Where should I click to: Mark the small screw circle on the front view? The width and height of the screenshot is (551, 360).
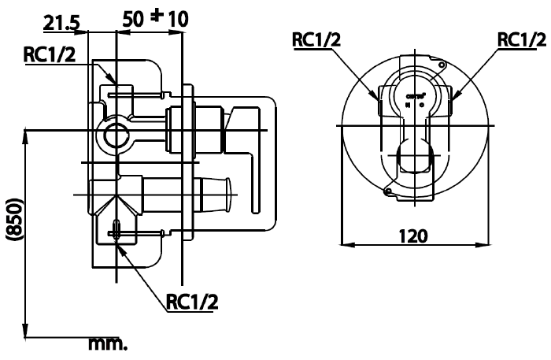click(387, 191)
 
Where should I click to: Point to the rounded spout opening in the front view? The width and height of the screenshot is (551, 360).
click(416, 158)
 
